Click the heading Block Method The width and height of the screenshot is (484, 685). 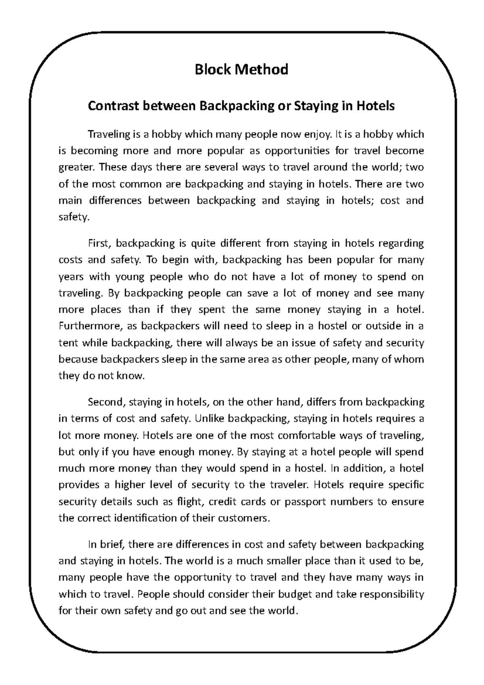(x=241, y=69)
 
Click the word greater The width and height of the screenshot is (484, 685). (x=75, y=168)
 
